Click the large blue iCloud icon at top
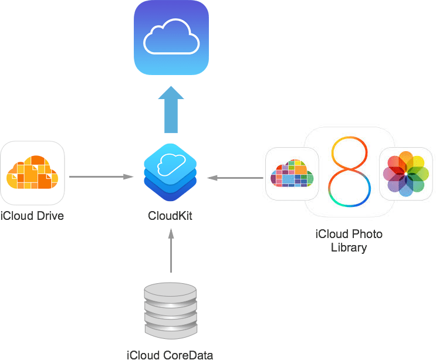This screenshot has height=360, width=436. (171, 38)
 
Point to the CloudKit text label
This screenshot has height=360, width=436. (170, 216)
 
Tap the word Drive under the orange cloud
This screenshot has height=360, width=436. (49, 216)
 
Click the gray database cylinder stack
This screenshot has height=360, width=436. (170, 311)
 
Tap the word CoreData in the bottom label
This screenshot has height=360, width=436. (188, 354)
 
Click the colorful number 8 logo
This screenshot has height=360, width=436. (350, 172)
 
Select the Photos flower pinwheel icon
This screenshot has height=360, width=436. (405, 174)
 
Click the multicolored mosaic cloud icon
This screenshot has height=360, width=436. (292, 174)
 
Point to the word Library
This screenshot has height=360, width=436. (349, 247)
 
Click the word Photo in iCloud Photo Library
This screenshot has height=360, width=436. (369, 235)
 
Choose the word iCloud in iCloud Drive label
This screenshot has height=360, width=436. (16, 216)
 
